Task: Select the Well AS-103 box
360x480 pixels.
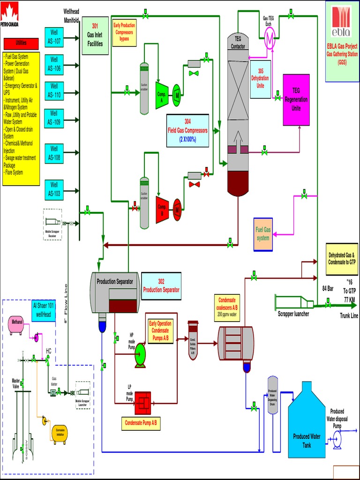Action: pos(54,190)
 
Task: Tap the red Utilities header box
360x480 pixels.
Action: pos(21,43)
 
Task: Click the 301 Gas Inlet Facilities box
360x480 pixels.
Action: pos(95,36)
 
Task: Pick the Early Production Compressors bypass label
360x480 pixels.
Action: pos(124,32)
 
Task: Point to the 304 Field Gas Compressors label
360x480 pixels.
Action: pos(187,131)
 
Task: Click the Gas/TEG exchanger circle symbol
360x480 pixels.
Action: pos(270,40)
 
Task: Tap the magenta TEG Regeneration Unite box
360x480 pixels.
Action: pos(296,99)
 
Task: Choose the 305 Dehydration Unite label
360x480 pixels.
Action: pos(260,80)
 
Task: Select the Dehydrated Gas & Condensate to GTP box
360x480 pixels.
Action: pos(342,259)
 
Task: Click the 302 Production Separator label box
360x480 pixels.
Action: pos(161,285)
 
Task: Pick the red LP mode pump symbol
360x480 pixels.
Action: pos(142,403)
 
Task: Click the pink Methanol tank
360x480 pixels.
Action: pos(17,325)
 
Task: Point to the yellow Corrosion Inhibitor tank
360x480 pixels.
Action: pos(60,433)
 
